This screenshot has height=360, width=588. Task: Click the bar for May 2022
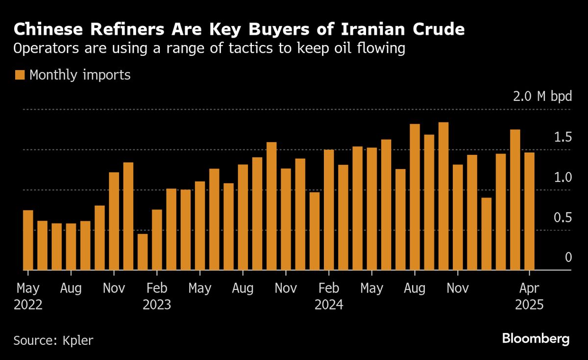pos(28,240)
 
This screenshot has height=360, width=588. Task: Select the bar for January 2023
pos(143,252)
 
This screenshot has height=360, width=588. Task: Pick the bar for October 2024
pos(443,196)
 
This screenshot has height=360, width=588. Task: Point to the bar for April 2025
pos(529,211)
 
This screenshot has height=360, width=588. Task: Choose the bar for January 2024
pos(315,231)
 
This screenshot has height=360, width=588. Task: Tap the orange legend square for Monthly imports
pos(20,75)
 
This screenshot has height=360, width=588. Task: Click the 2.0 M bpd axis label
pos(542,96)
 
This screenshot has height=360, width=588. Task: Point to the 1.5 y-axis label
pos(562,137)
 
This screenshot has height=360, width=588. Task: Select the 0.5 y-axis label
pos(562,217)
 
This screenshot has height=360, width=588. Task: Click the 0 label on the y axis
pos(568,257)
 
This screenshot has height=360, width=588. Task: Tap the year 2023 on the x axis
pos(157,305)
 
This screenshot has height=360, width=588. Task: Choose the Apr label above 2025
pos(529,288)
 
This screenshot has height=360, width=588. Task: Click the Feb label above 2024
pos(329,288)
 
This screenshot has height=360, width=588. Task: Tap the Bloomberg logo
pos(536,338)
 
